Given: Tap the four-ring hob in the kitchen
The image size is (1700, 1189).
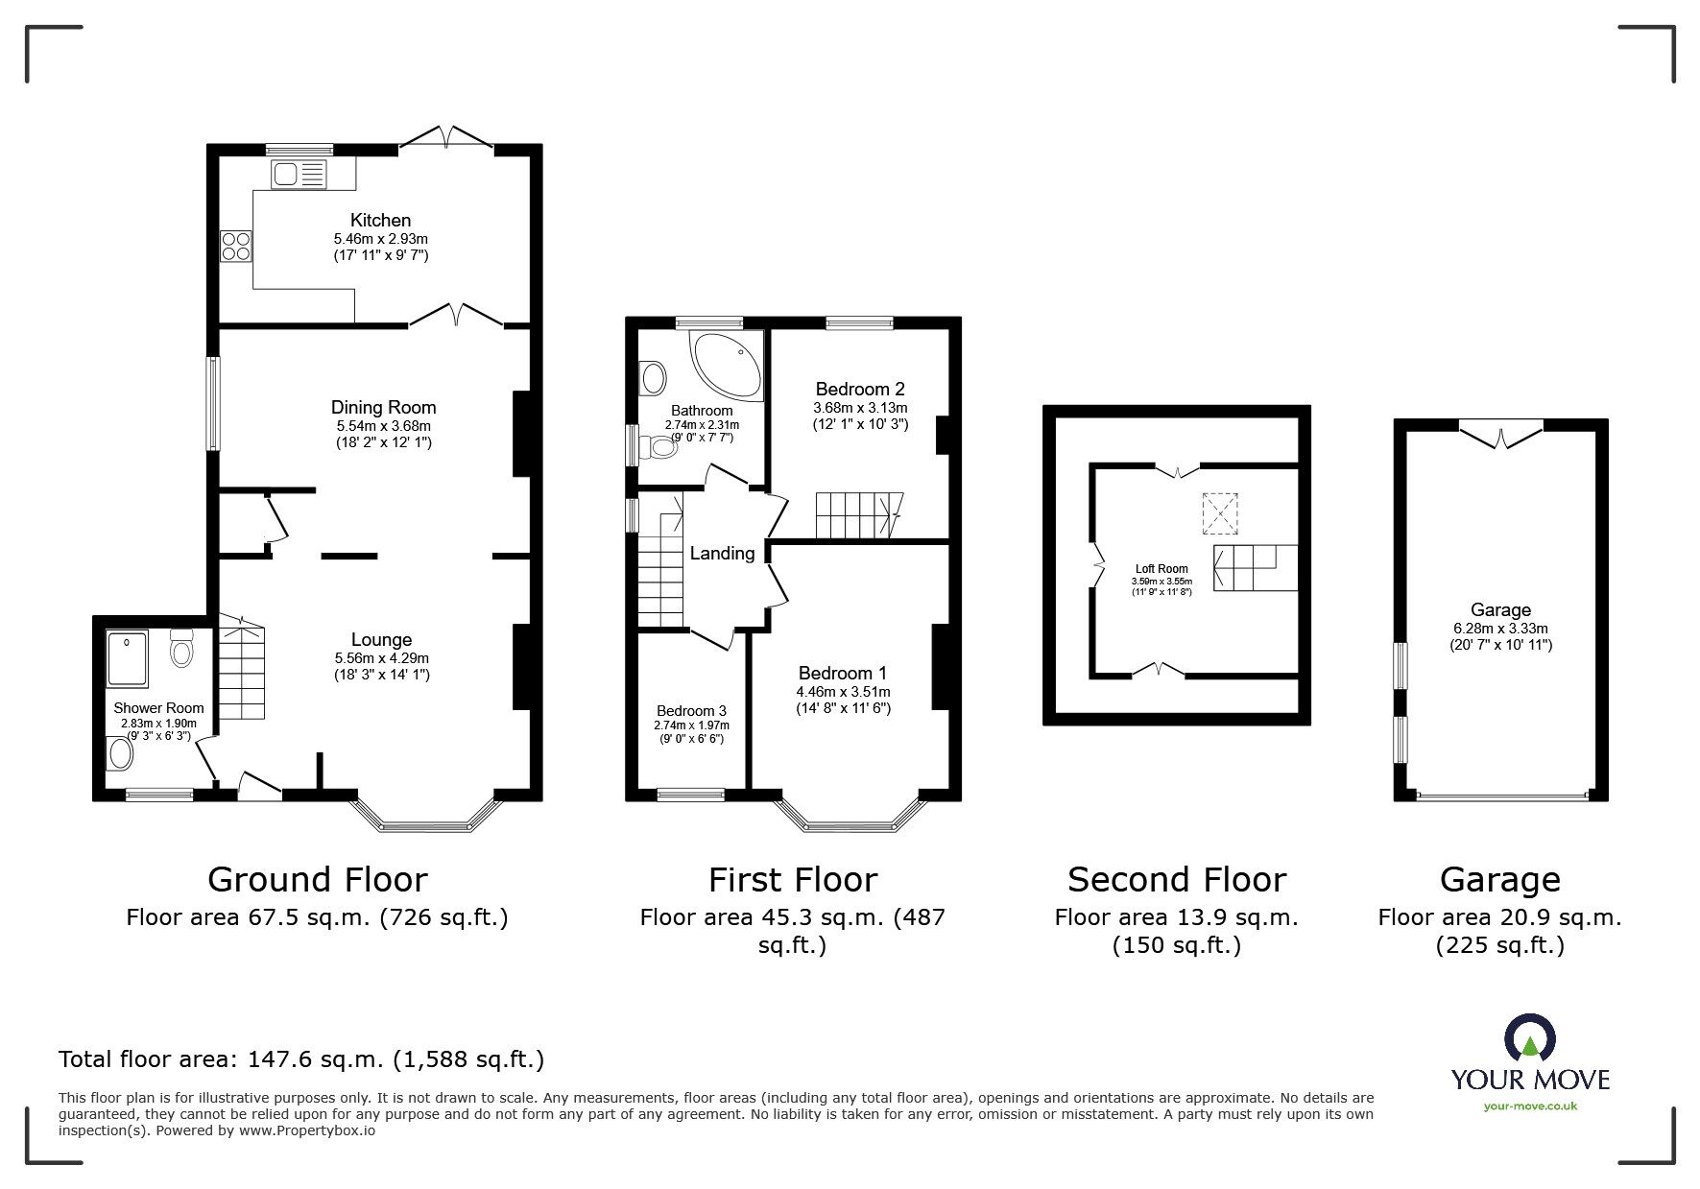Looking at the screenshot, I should [x=236, y=247].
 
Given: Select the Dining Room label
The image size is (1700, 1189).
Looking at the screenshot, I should [x=383, y=407].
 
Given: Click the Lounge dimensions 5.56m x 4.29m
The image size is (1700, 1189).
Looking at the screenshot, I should [x=381, y=658].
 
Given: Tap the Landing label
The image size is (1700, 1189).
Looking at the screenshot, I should [x=722, y=553].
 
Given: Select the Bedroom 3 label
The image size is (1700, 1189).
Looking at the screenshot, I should [x=690, y=710].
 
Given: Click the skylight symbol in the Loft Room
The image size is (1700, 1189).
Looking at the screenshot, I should [x=1221, y=512].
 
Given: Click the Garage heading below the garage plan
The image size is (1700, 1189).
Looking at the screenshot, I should [x=1499, y=879].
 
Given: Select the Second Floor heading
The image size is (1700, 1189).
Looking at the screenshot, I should [x=1176, y=879].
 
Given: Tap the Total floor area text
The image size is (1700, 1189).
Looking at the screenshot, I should [x=301, y=1059].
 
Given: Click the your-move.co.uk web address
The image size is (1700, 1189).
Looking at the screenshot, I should [x=1529, y=1106].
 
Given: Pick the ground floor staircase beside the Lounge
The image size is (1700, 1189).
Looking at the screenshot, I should [x=241, y=668].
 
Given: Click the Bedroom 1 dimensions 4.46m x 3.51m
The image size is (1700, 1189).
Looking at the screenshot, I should [x=843, y=691].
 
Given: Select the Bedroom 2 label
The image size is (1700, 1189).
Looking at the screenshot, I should [x=859, y=389].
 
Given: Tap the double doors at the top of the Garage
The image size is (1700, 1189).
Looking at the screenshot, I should [x=1501, y=433].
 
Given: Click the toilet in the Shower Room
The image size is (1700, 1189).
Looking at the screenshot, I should [x=180, y=650].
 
